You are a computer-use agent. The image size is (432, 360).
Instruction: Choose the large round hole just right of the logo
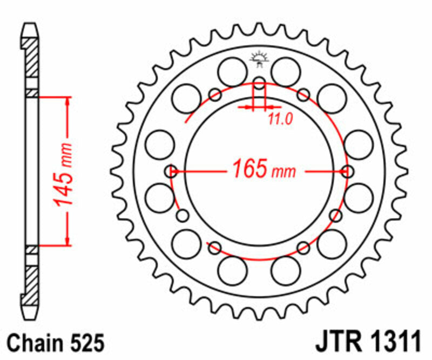[286, 70]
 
